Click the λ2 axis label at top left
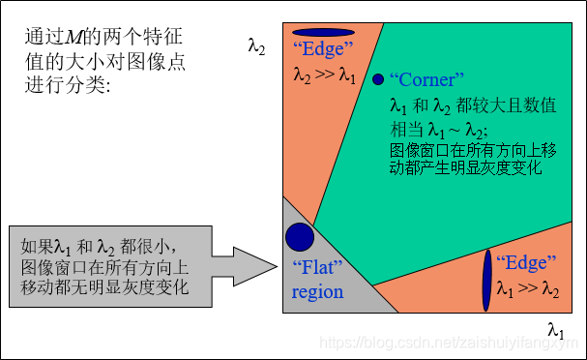coord(257,45)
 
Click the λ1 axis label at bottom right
coord(555,331)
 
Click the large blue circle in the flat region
coord(300,236)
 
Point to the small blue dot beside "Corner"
coord(378,79)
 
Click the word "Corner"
coord(427,80)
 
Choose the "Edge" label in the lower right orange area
coord(526,262)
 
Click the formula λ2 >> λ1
coord(325,74)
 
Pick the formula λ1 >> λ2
coord(528,287)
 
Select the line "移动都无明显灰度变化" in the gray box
coord(104,287)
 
